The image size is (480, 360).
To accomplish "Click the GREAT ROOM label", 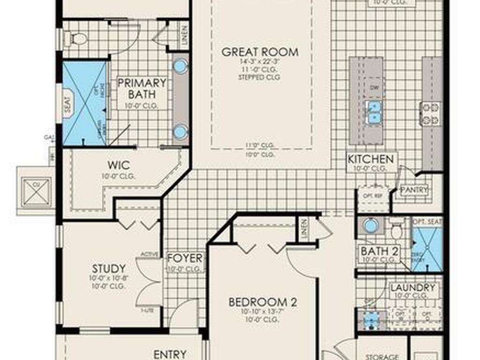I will coord(260,52).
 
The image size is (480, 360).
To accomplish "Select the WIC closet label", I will coord(119,165).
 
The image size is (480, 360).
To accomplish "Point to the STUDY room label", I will coord(109,269).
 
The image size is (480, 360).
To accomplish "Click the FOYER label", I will coord(185,258).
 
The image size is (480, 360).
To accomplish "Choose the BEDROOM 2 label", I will coord(262,302).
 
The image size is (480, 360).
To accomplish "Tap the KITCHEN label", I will coord(370,159).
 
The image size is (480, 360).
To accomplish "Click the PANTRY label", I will coord(414,190).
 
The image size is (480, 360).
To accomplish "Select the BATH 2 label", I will coord(379,251).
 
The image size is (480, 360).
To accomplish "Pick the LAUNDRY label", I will coord(412,287).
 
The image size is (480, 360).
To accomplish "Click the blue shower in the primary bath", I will coord(84,103).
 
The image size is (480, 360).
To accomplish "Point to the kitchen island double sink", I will coord(374,112).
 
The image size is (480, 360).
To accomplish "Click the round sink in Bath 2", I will coord(371,226).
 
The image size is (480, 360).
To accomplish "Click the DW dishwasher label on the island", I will coord(374,88).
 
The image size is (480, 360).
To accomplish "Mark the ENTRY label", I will coord(170,354).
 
